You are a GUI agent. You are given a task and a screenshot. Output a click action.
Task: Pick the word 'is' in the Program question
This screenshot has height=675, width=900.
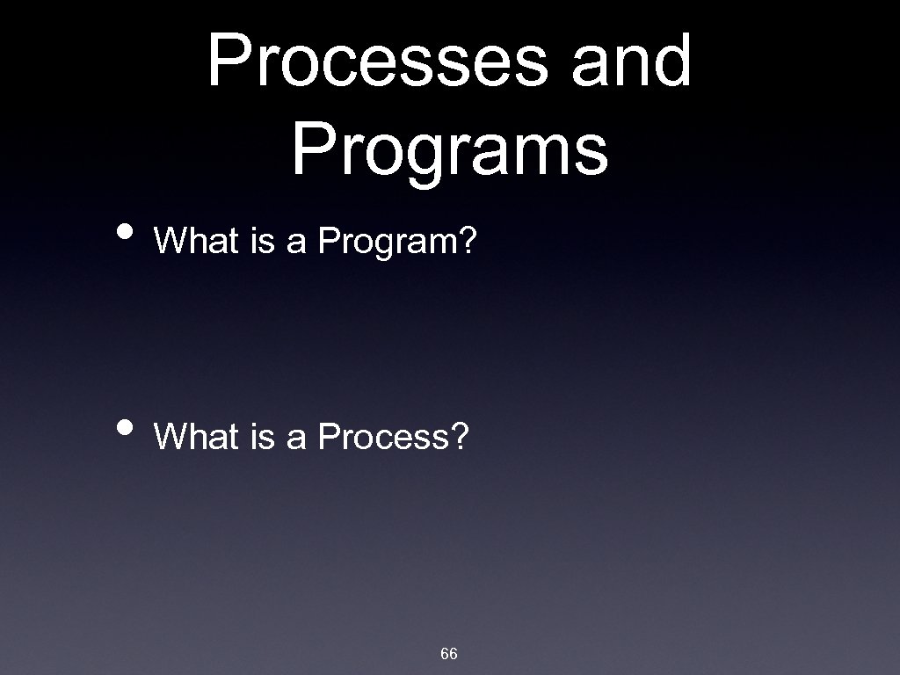coord(263,241)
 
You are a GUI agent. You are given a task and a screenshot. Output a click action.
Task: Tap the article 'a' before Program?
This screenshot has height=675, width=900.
coord(296,241)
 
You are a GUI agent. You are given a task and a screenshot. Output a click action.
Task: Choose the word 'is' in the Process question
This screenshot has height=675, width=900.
coord(263,436)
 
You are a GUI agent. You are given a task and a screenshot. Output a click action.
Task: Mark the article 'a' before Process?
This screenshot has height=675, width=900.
coord(296,436)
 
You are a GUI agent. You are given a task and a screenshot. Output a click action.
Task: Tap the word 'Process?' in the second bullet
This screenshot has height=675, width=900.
coord(393,436)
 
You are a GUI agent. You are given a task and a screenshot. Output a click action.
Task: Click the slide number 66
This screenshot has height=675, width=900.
coord(448,653)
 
